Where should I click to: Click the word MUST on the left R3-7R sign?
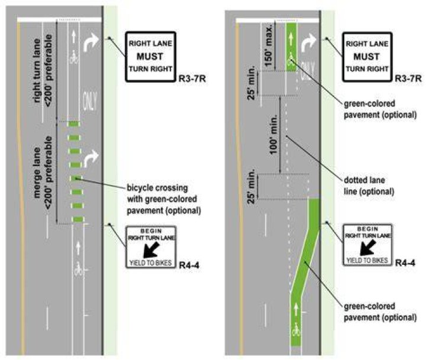click(150, 57)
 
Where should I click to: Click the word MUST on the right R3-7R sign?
click(366, 57)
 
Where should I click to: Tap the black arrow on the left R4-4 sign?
click(151, 250)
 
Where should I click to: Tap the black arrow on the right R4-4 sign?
click(368, 248)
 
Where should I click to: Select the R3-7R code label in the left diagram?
click(192, 79)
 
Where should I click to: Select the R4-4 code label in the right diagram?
click(405, 262)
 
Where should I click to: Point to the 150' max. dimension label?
click(268, 46)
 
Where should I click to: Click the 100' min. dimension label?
click(273, 134)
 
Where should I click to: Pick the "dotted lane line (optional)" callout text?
click(369, 186)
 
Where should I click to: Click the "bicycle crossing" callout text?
click(157, 188)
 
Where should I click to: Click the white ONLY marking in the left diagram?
click(90, 100)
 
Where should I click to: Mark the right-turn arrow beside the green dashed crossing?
click(91, 158)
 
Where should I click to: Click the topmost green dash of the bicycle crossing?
click(74, 124)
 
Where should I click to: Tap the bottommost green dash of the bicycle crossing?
click(78, 219)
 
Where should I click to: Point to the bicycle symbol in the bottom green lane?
click(296, 330)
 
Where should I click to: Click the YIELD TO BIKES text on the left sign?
click(150, 263)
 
